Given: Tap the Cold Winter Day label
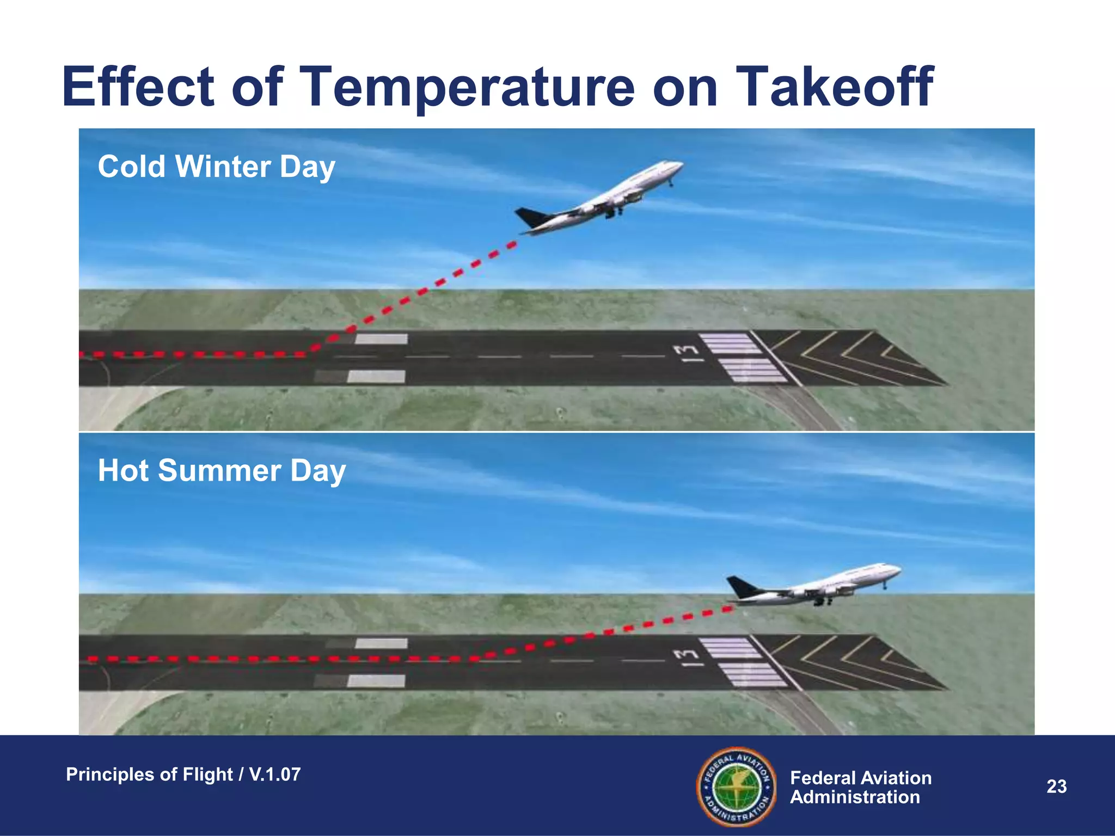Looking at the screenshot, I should pos(216,167).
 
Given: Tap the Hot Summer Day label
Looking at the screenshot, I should pos(222,470).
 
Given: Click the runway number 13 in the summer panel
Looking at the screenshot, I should pos(687,657).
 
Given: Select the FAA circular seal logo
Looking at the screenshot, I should pos(737,786).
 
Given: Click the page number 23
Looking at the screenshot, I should pos(1056,786).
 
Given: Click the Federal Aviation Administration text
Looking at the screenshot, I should pos(860,787).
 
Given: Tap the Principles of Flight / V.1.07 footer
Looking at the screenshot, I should pos(183,774).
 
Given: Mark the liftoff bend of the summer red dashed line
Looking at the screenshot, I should pos(475,659).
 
